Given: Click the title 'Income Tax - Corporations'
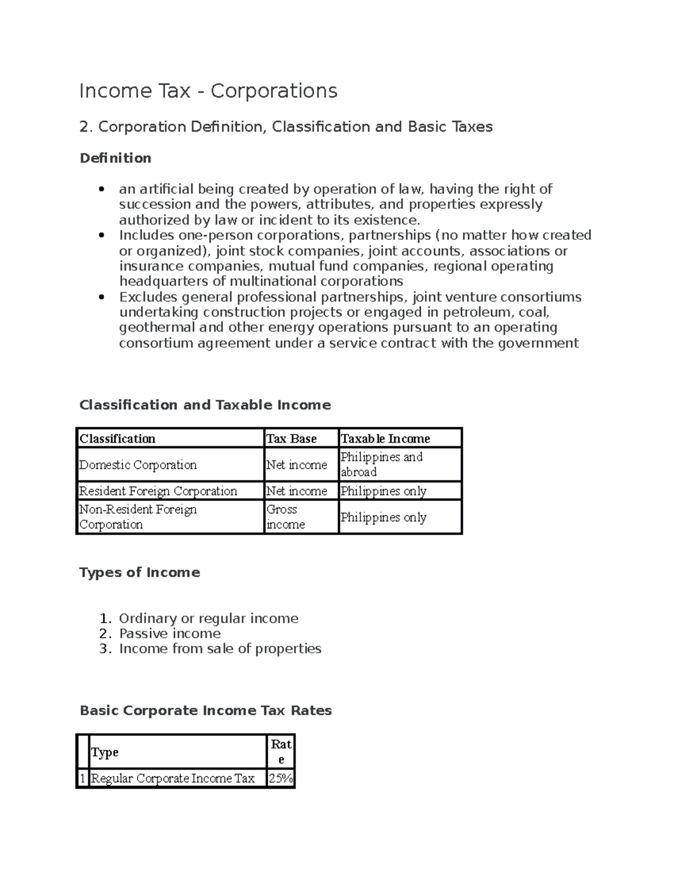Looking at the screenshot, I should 208,91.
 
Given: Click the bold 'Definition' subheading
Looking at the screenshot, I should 116,159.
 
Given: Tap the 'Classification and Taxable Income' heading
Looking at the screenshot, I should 205,405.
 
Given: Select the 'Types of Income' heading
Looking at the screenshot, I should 139,572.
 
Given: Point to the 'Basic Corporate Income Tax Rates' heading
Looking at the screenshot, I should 206,711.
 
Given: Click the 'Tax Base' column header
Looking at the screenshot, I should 292,438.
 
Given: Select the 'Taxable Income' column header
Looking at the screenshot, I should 385,438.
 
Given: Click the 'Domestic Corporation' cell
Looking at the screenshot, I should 138,465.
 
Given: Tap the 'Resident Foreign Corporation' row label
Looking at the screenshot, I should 158,491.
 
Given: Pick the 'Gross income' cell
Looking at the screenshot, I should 285,517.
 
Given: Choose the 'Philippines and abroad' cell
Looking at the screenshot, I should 381,464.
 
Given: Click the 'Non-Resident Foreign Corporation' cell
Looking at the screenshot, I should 138,517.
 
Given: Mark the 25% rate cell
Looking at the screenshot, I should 281,779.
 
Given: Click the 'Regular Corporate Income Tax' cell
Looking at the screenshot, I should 173,779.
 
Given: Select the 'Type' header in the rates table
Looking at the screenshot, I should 105,752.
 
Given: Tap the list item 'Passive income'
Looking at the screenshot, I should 170,634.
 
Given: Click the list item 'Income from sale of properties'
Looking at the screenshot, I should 220,649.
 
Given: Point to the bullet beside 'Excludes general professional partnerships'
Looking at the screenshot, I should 101,297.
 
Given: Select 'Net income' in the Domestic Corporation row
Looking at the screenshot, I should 297,465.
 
